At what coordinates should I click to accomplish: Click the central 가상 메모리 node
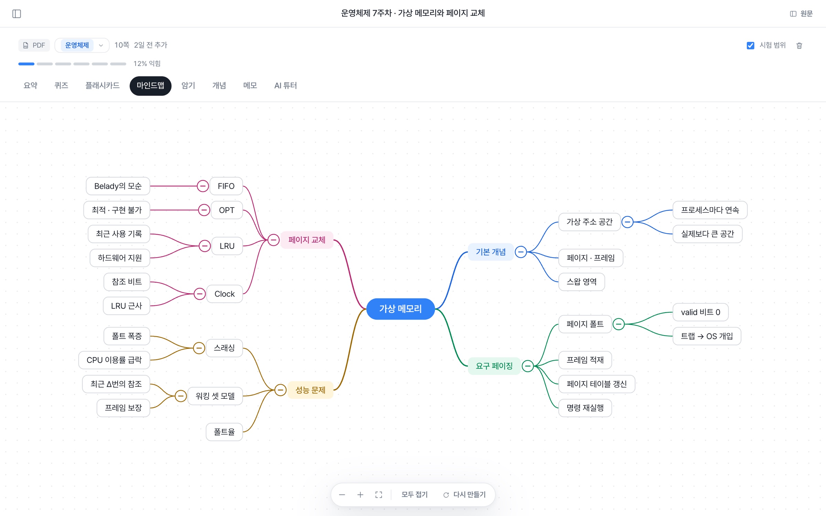coord(400,309)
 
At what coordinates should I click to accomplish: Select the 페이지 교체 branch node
coord(307,240)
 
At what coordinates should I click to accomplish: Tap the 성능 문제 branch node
coord(310,390)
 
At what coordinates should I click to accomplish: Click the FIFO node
coord(226,186)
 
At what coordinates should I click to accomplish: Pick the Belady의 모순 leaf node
coord(118,186)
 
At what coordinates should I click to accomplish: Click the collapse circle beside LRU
coord(205,246)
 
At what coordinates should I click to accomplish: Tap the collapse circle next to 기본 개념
coord(521,252)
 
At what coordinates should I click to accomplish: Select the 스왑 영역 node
coord(582,282)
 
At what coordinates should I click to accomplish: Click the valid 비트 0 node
coord(700,312)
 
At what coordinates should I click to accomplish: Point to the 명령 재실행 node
coord(585,408)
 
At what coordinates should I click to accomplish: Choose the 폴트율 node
coord(224,432)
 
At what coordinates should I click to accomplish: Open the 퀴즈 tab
coord(61,86)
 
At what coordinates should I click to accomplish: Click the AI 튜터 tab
coord(285,86)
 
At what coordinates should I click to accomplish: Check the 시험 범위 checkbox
coord(751,45)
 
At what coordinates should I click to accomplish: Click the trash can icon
coord(799,45)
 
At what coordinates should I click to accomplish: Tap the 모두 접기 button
coord(414,494)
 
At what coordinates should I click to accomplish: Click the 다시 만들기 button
coord(464,494)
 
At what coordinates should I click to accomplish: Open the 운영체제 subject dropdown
coord(82,45)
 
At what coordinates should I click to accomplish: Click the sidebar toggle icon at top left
coord(17,14)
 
